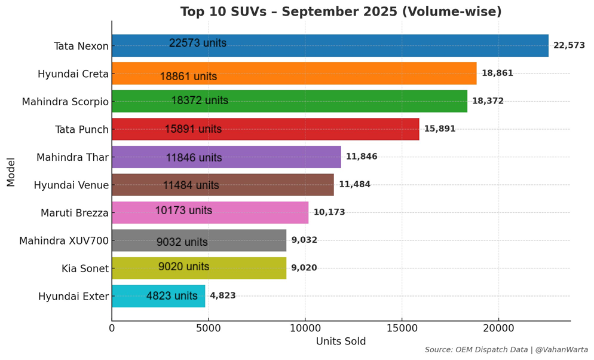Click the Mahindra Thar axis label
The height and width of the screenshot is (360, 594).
[x=72, y=157]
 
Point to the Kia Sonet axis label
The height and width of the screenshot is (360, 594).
[x=85, y=269]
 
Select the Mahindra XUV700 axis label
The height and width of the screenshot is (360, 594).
[x=64, y=241]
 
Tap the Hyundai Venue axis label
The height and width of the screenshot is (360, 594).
[x=71, y=185]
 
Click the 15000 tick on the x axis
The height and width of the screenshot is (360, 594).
[x=402, y=328]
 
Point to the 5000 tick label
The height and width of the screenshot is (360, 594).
[x=208, y=328]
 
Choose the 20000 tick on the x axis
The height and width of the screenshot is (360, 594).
[x=498, y=328]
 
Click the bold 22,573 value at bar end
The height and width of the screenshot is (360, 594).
[x=569, y=45]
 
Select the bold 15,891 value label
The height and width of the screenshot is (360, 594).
[x=439, y=129]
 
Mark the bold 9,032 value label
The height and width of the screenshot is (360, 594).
[x=304, y=240]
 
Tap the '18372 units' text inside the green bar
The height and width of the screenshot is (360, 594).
[x=200, y=100]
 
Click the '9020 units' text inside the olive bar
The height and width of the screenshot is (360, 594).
[x=183, y=267]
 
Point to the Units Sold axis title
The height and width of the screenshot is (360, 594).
[x=341, y=341]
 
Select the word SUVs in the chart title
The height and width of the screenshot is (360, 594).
[x=240, y=12]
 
